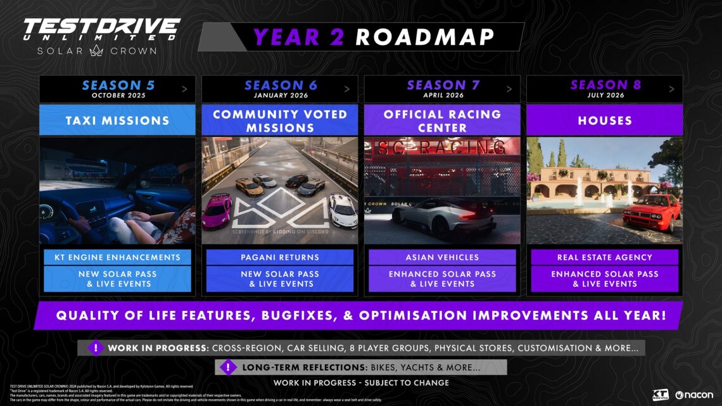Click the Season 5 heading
117,85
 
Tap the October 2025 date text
118,96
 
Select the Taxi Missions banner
117,120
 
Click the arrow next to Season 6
347,89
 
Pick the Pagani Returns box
280,257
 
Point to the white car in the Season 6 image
343,210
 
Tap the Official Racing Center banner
442,120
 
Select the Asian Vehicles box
442,257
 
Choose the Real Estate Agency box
604,257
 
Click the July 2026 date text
605,96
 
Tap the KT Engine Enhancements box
117,257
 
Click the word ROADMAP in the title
424,37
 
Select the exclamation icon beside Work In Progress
95,348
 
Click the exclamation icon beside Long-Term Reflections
226,367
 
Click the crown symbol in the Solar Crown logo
97,51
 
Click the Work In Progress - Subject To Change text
361,383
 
